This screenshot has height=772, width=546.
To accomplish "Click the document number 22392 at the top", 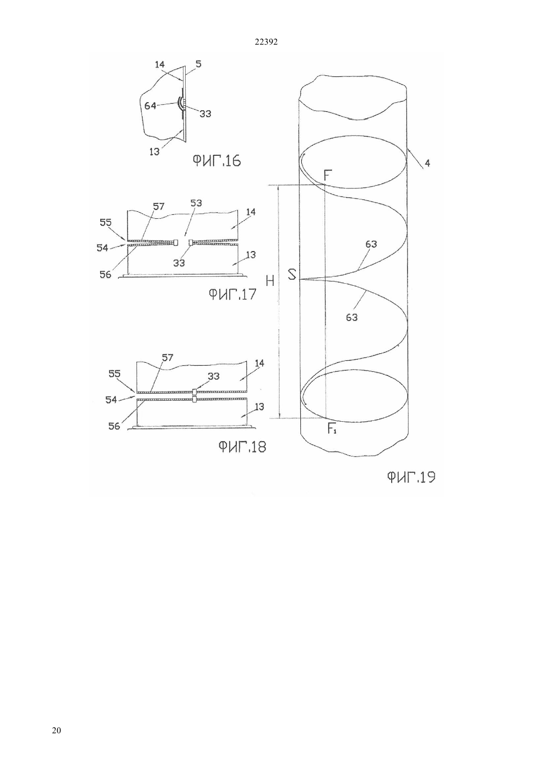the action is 266,42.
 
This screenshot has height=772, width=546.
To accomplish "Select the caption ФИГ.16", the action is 216,161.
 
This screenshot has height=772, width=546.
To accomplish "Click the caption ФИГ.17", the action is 233,294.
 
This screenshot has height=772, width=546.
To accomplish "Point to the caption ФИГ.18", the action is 242,447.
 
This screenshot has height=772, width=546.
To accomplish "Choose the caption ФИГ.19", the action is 411,477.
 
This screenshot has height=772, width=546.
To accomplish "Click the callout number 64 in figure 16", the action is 150,106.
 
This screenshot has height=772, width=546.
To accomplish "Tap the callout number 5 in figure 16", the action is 198,64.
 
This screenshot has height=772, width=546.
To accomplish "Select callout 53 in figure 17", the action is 196,203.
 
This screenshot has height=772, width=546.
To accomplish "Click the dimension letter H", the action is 270,282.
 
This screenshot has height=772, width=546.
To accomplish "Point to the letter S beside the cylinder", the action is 292,274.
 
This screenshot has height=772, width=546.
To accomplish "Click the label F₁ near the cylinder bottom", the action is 332,429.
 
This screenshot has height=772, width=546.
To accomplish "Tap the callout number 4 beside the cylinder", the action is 427,163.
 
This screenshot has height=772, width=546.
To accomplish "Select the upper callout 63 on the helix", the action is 371,244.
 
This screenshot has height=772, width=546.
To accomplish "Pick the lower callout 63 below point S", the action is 352,317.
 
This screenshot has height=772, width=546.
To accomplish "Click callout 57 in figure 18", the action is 168,358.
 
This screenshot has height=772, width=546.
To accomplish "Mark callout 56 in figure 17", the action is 105,274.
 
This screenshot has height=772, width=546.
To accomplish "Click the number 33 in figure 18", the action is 214,376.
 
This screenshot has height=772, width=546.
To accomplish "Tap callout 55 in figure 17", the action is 105,222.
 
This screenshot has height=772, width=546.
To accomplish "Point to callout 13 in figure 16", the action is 154,152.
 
